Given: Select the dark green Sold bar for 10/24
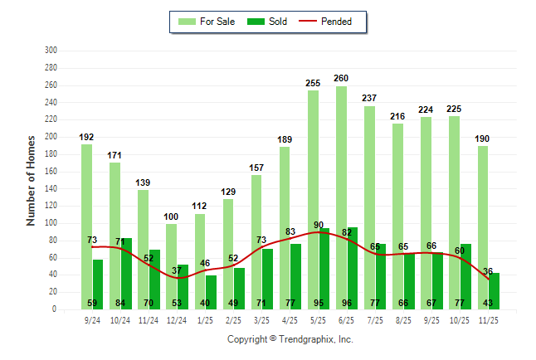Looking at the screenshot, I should click(x=126, y=274).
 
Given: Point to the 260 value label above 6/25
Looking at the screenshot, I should click(x=341, y=78).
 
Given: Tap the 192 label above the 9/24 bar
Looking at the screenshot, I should click(x=87, y=137).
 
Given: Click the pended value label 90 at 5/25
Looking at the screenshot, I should click(x=319, y=225).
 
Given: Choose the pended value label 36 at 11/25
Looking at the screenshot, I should click(x=489, y=271).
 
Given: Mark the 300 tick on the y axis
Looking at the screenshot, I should click(x=51, y=51).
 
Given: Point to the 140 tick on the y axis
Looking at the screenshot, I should click(x=51, y=188).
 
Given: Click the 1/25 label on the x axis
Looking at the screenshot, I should click(x=206, y=319).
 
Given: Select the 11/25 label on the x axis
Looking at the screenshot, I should click(x=489, y=319).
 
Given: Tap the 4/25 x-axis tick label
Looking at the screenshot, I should click(x=290, y=319).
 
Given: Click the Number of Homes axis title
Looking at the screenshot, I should click(x=32, y=180).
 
